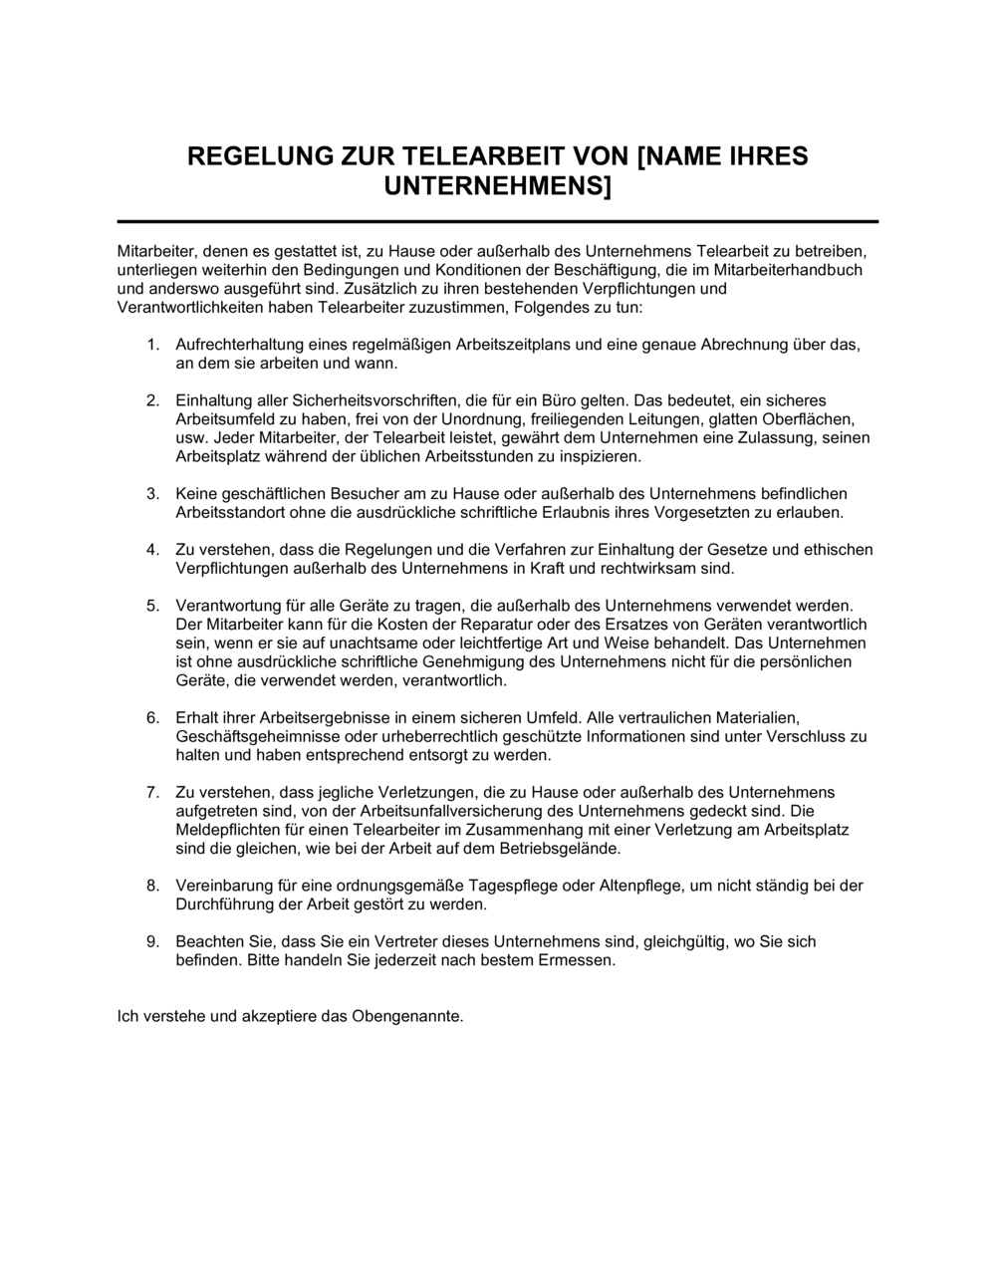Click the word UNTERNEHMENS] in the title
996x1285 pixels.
tap(498, 185)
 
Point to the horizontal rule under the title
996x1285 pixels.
tap(498, 221)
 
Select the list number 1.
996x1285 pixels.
tap(152, 345)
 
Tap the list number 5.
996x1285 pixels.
tap(152, 605)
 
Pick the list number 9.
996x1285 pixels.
tap(152, 941)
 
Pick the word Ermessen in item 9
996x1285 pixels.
tap(583, 960)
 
